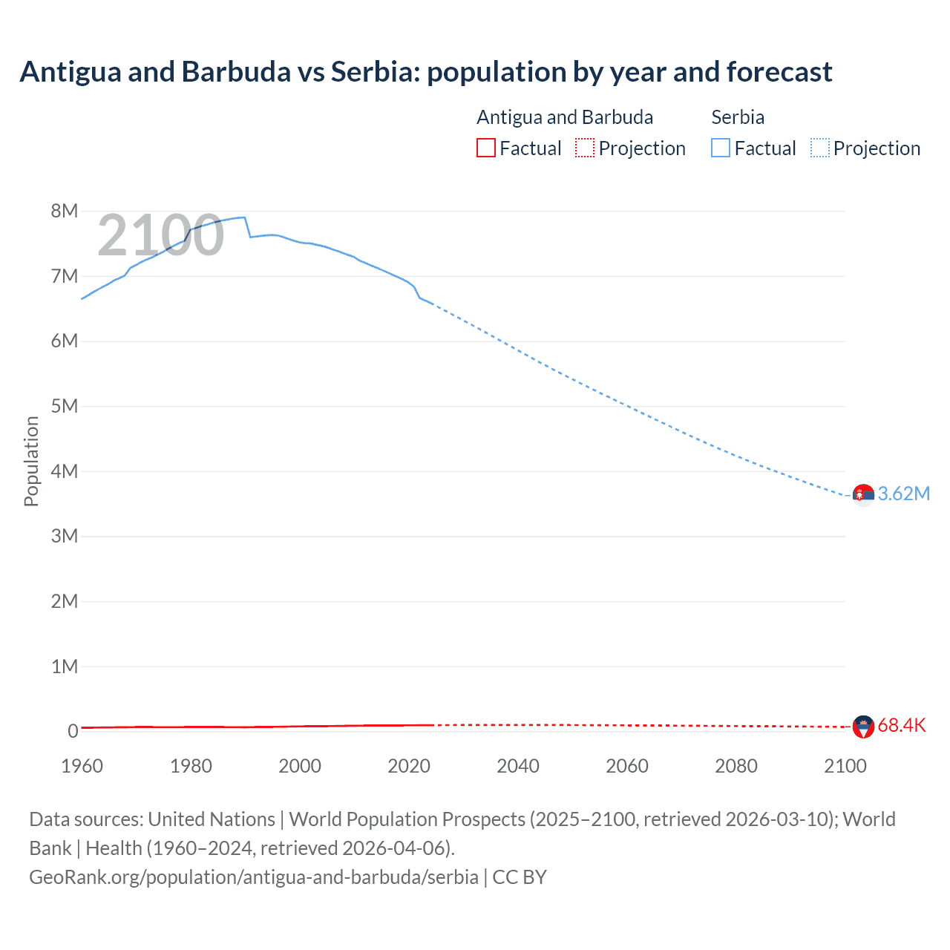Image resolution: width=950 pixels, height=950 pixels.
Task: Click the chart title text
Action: pos(426,72)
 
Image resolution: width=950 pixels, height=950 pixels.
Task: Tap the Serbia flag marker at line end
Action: pos(863,494)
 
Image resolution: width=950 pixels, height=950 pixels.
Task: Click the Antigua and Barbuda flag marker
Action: pos(863,727)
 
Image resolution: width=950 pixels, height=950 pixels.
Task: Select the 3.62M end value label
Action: pos(903,494)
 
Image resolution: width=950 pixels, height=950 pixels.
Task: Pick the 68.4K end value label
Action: pos(902,726)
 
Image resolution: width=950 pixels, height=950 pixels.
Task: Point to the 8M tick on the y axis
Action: pos(65,212)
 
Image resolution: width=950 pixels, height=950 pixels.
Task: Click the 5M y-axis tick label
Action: pos(65,407)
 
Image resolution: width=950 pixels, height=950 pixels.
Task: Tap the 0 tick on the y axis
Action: pos(73,732)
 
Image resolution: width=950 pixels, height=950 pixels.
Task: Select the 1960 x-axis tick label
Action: pos(82,766)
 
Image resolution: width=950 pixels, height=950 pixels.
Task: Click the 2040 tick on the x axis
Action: pos(518,766)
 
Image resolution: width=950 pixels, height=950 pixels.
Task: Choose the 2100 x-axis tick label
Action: pos(845,766)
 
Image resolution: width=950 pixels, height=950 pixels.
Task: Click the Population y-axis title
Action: pos(31,461)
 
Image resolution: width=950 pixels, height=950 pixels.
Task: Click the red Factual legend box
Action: pos(486,148)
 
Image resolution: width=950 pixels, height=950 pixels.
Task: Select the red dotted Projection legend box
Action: pos(585,148)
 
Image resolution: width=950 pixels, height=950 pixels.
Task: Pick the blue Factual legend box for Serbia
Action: pos(721,148)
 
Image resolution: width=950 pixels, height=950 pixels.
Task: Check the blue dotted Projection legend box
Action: pos(820,148)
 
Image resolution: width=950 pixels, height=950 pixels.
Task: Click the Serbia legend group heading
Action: pos(738,117)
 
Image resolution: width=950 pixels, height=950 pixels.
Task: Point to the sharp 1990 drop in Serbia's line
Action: pos(248,227)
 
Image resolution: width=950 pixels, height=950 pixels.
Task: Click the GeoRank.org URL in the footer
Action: pos(254,877)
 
